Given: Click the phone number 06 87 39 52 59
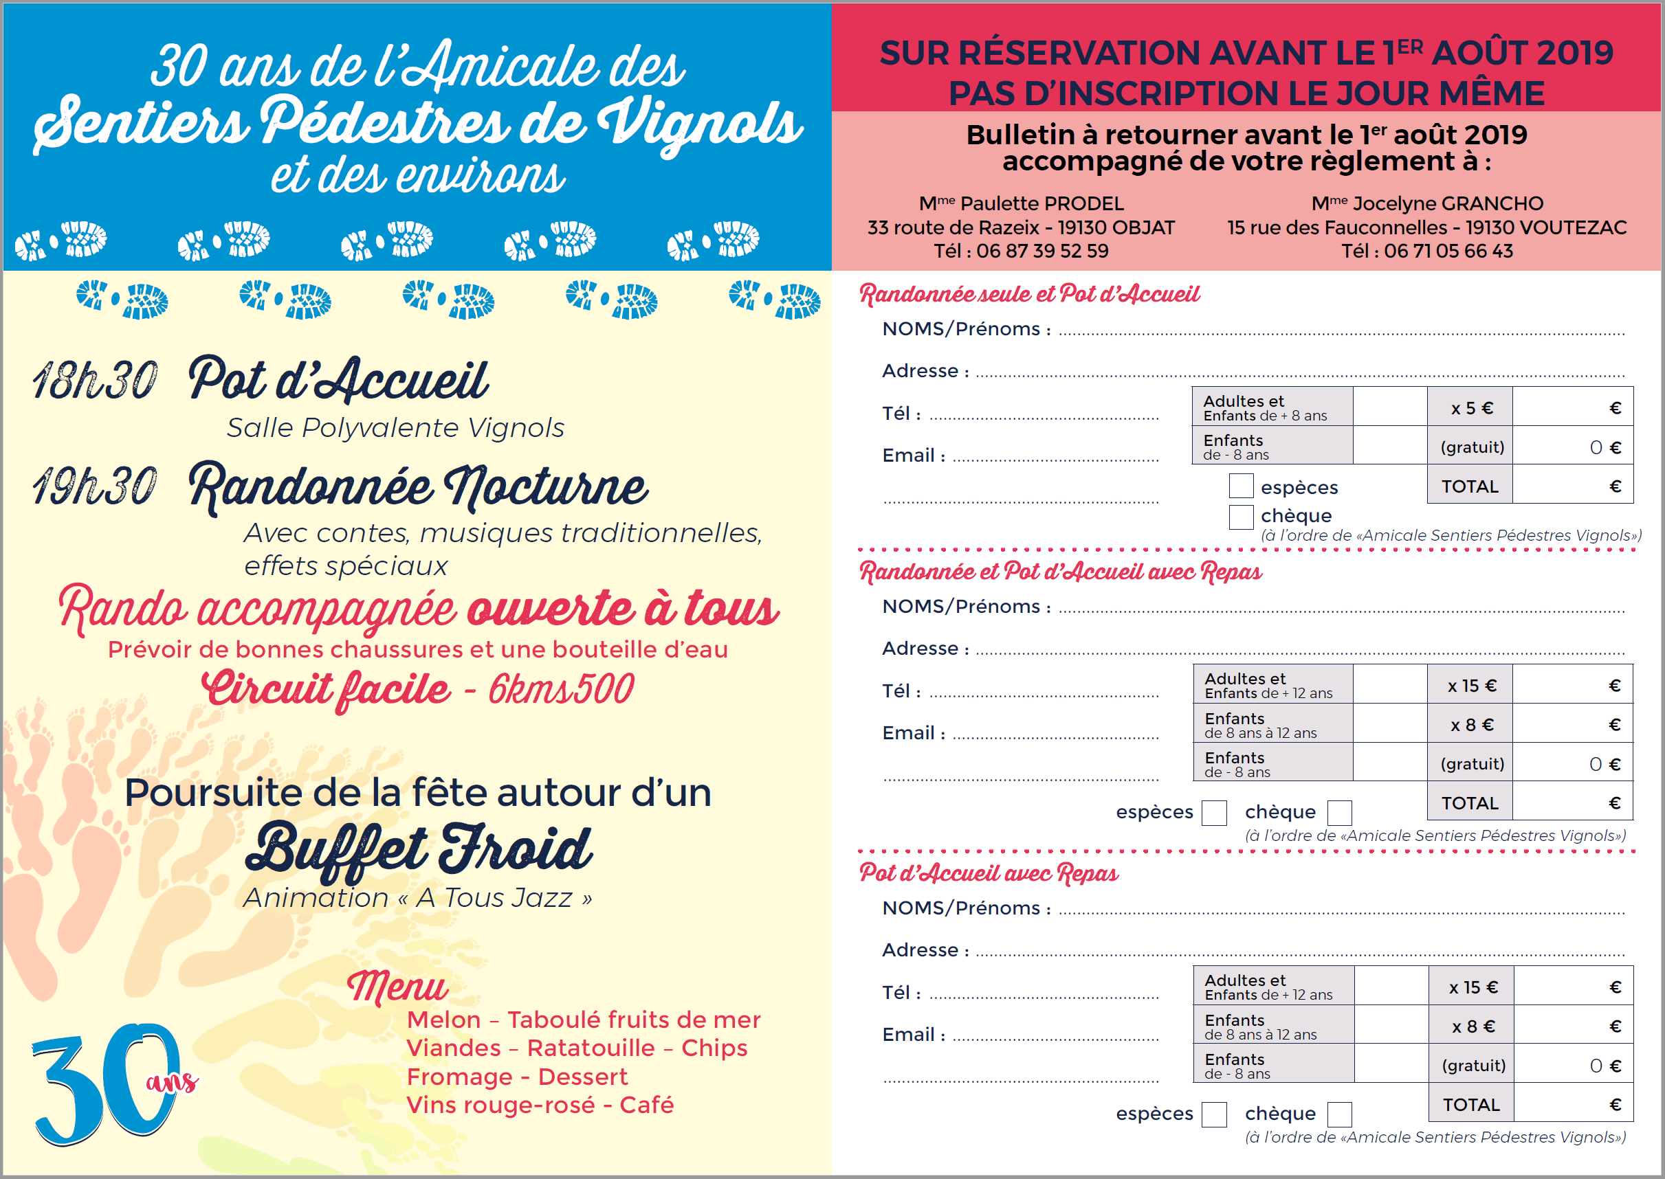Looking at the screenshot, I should tap(1041, 251).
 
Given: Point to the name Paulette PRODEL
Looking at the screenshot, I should tap(1041, 204).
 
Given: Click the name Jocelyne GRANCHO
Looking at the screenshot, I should tap(1447, 204).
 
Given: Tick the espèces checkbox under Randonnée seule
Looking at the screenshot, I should tap(1241, 486).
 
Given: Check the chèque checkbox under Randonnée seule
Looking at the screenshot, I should tap(1241, 517).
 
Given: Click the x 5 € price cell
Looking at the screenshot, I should tap(1471, 408).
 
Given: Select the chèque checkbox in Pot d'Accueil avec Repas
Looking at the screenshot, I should tap(1339, 1114).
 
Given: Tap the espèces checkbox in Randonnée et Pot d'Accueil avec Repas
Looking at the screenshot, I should tap(1213, 812).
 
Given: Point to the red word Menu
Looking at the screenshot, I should tap(397, 988).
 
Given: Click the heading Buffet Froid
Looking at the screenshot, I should tap(419, 849).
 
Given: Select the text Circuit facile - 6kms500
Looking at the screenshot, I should tap(418, 689).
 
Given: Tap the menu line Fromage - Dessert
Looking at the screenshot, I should tap(516, 1077).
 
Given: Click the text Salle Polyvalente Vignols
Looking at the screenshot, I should tap(395, 428).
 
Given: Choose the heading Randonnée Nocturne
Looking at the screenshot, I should tap(418, 486).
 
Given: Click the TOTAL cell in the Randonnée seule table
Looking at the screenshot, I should tap(1470, 486).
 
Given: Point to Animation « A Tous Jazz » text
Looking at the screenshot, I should tap(418, 898).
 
